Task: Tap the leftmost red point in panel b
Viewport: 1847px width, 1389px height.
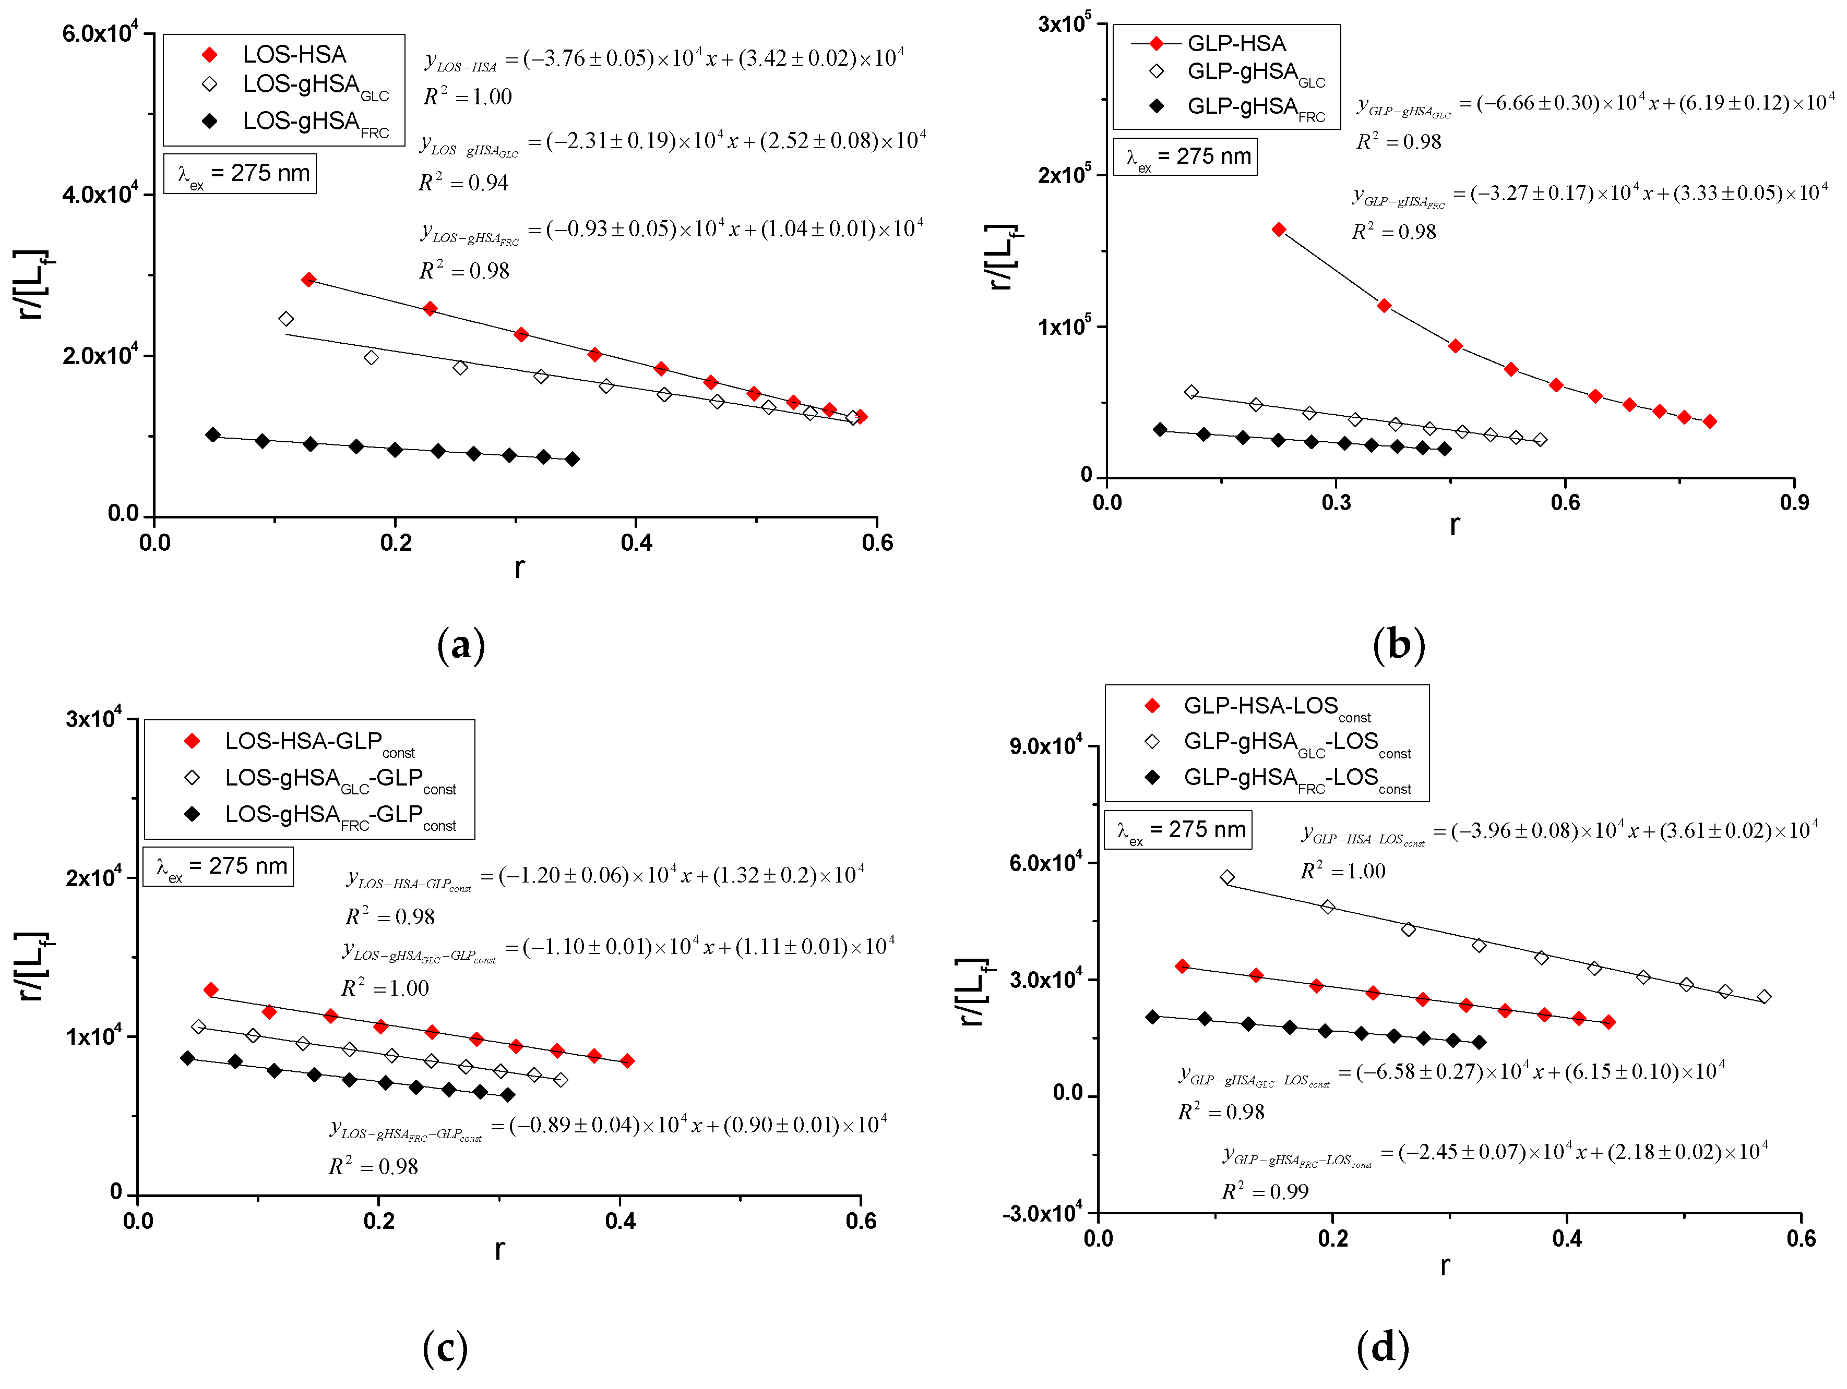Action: (1278, 230)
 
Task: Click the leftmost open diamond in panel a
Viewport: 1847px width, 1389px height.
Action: (285, 319)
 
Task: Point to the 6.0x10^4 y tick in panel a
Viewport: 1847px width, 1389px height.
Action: (99, 33)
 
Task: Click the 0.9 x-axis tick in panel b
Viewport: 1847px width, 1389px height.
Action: (1794, 502)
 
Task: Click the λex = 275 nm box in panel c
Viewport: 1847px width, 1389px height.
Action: (219, 866)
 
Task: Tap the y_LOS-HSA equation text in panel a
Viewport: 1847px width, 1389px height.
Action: (664, 58)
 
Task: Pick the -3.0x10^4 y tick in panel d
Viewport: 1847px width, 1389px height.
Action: (1044, 1212)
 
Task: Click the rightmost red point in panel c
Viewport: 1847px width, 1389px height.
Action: (627, 1061)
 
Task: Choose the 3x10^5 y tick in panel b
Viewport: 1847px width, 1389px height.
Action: (1064, 24)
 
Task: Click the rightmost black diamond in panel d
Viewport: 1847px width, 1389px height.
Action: (1479, 1042)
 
